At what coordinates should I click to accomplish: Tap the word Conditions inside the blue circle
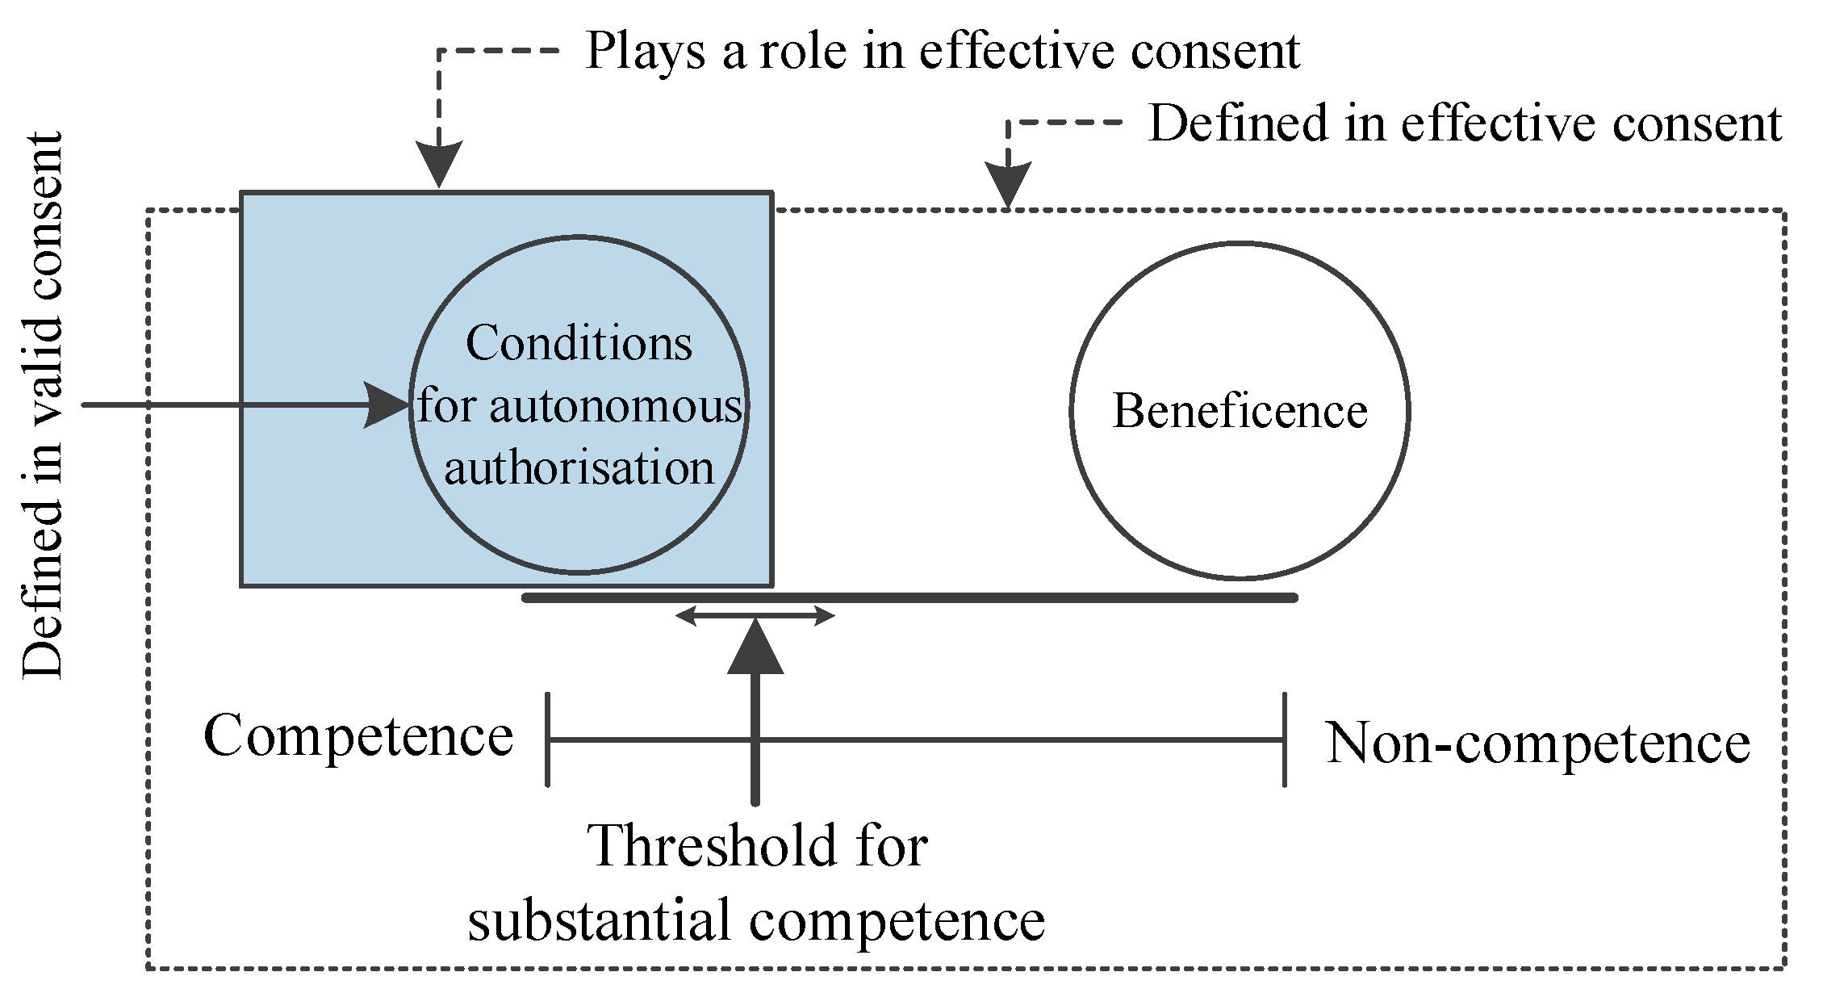point(579,344)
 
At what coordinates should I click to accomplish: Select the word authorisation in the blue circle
point(579,468)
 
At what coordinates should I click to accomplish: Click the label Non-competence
point(1538,743)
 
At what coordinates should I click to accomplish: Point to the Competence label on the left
point(357,736)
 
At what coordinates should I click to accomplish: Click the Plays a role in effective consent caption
point(942,51)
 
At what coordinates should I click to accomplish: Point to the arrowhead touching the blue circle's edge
point(387,404)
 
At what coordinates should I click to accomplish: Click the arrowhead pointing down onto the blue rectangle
point(439,165)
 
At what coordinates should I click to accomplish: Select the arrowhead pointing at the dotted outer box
point(1008,185)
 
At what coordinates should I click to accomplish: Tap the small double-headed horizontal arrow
point(755,618)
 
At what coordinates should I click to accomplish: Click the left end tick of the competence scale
point(548,739)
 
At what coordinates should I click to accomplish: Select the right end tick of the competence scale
point(1284,739)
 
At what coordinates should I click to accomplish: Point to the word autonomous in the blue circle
point(615,407)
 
